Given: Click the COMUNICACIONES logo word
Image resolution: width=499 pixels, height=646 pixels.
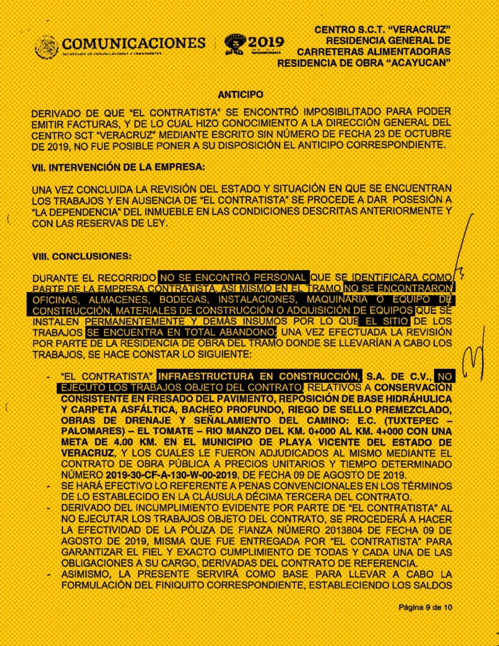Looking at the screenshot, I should click(133, 44).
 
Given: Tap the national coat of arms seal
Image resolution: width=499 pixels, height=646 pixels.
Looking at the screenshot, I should click(47, 47).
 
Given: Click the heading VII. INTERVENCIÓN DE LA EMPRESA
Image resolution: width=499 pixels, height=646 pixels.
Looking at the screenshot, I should click(118, 168).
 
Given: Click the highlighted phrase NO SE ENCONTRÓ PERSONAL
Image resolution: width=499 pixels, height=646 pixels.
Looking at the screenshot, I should click(233, 277).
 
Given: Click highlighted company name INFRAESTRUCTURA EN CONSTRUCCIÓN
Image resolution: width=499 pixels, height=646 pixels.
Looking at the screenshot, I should click(260, 373).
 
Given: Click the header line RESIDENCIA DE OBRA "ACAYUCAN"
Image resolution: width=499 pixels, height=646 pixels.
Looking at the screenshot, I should click(364, 63).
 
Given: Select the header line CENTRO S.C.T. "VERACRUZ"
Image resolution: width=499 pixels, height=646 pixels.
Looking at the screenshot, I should click(382, 30).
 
